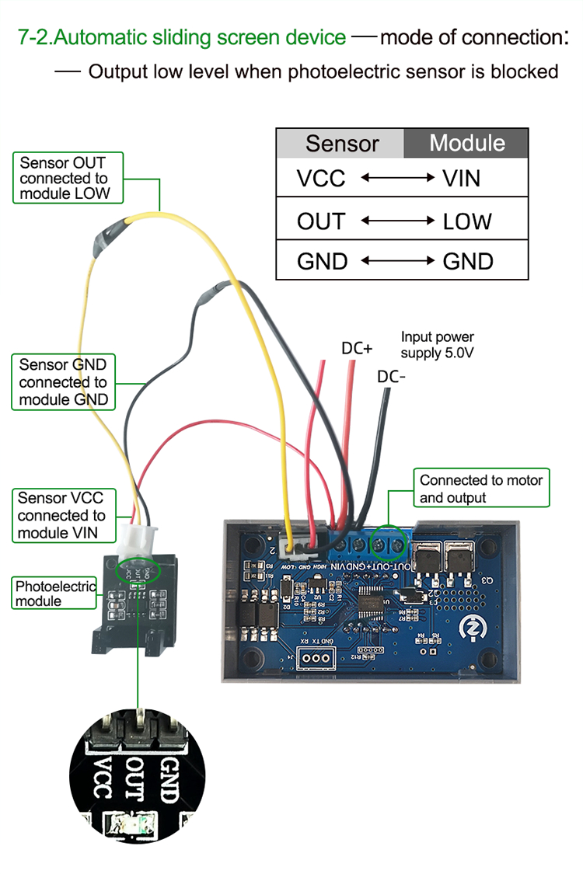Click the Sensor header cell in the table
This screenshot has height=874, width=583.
(x=341, y=144)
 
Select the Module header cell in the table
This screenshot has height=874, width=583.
(x=466, y=143)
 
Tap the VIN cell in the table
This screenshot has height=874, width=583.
(x=462, y=179)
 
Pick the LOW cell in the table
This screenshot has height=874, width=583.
(x=467, y=221)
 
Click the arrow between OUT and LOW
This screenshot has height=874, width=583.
(x=397, y=221)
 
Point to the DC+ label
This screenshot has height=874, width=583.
(x=358, y=349)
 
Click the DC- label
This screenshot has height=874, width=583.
(x=392, y=377)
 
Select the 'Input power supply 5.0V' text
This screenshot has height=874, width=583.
(x=438, y=345)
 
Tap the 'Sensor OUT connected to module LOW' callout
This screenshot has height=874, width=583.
(x=68, y=178)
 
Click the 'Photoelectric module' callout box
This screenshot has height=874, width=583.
(x=55, y=594)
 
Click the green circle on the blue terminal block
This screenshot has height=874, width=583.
(x=389, y=545)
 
